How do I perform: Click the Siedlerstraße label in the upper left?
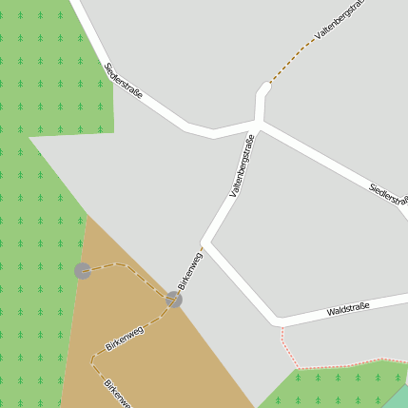124,81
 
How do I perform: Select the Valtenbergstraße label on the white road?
243,165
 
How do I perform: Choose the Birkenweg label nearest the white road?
190,269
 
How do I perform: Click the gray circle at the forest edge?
83,271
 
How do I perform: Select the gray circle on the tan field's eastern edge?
173,300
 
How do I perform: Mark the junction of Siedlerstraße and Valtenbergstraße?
259,124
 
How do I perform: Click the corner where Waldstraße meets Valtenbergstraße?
277,319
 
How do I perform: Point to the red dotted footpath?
323,366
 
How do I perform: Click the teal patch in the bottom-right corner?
399,398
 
